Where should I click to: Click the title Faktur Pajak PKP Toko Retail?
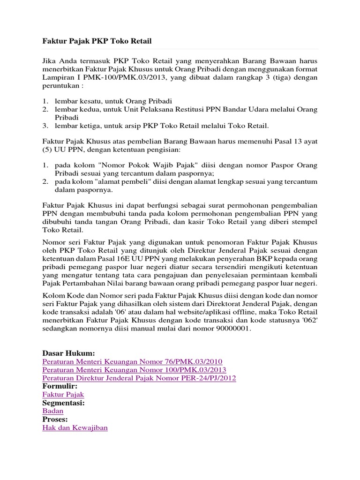point(97,41)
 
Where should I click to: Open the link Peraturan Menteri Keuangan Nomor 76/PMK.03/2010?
point(132,361)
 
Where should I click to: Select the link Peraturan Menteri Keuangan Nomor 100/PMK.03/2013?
point(134,370)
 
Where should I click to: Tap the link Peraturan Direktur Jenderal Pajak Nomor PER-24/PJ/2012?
point(139,378)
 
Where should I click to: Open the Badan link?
point(53,411)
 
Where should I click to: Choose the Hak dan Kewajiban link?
point(75,427)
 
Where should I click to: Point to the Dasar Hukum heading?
point(68,353)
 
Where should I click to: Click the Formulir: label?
point(60,386)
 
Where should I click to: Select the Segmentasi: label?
point(63,403)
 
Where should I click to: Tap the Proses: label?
point(55,419)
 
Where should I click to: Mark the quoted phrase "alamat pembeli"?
point(115,181)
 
